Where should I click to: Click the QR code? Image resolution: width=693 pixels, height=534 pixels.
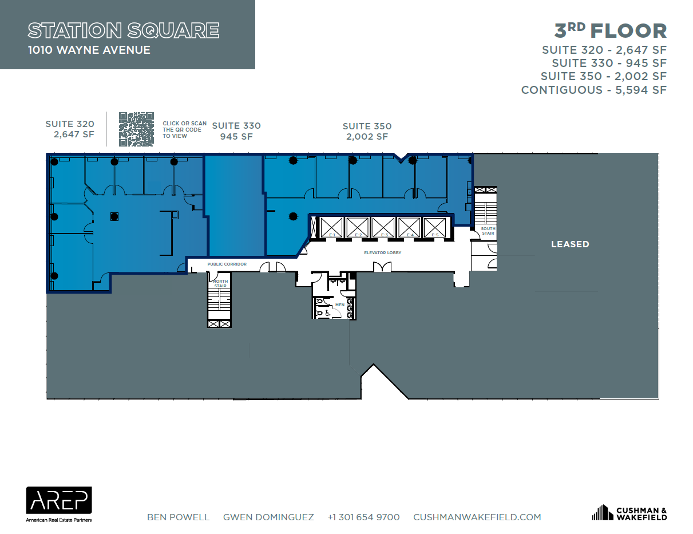(136, 129)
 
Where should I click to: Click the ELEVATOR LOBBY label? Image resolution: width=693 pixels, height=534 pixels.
(383, 252)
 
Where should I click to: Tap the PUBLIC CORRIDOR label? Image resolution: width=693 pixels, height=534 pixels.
(227, 264)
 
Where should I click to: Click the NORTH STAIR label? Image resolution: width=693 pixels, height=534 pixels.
(220, 283)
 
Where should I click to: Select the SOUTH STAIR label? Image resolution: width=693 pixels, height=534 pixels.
(488, 231)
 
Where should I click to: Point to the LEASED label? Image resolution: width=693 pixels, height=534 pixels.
(569, 244)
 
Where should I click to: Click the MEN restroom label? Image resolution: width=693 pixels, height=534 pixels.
(340, 305)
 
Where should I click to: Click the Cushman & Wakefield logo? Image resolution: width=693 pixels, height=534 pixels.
(629, 513)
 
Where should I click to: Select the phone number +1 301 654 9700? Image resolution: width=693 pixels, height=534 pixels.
(363, 517)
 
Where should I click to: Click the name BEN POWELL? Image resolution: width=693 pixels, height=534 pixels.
(178, 517)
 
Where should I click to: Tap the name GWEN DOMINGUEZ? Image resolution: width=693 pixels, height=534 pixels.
(268, 517)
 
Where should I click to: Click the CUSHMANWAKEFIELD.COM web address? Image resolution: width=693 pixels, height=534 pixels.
(477, 517)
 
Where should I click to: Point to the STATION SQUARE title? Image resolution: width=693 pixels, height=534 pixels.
(123, 30)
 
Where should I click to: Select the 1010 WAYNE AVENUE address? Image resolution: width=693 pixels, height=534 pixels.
(89, 50)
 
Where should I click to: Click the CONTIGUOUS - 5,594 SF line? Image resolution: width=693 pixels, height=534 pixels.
(593, 90)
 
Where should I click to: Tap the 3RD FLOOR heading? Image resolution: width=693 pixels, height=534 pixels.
(611, 30)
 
